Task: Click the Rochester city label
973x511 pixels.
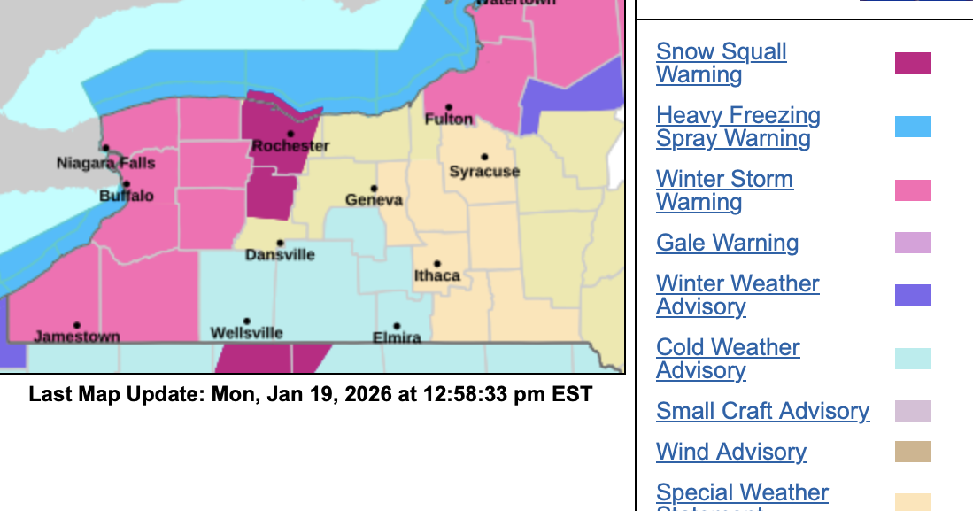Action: click(x=290, y=146)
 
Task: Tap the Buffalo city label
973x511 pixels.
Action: click(x=127, y=196)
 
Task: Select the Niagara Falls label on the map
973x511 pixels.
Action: click(x=105, y=163)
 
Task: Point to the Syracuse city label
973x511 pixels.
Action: click(x=484, y=171)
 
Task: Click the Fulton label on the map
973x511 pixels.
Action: click(x=449, y=119)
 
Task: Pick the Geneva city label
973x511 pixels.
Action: click(x=374, y=200)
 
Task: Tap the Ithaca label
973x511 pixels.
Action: click(x=437, y=275)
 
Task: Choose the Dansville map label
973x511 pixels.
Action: click(x=280, y=254)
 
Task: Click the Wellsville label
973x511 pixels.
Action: click(x=247, y=333)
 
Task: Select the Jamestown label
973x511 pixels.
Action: click(x=77, y=337)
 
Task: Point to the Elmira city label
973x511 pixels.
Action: click(x=397, y=337)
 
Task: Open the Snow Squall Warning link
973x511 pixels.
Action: click(x=721, y=63)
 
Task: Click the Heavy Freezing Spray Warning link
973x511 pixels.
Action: click(x=737, y=127)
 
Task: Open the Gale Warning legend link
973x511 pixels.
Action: click(x=727, y=243)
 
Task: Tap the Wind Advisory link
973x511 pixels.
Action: click(x=730, y=452)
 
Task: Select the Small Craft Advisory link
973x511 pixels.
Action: click(x=762, y=411)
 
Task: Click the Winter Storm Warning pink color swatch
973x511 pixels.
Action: click(x=912, y=190)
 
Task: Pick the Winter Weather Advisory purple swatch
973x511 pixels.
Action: click(x=912, y=295)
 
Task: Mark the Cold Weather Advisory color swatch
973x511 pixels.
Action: click(x=912, y=359)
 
